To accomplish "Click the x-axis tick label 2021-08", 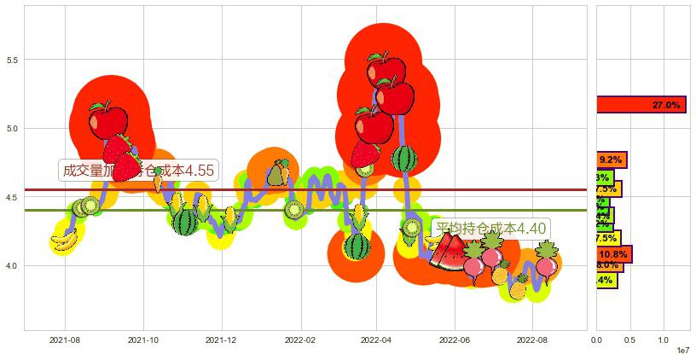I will (64, 340).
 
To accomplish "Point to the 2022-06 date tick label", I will (455, 340).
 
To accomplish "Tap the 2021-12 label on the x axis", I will (221, 340).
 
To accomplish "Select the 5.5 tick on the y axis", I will (13, 60).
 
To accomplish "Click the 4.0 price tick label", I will (13, 266).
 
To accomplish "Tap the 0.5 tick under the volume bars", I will (629, 340).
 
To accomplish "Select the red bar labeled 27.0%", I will (641, 105).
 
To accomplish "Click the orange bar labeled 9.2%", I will (612, 160).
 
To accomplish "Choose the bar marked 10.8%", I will (614, 254).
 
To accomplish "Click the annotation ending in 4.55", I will (137, 170).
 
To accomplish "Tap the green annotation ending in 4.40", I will (489, 229).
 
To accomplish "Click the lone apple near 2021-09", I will (107, 120).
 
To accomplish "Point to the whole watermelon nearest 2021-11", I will (185, 223).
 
